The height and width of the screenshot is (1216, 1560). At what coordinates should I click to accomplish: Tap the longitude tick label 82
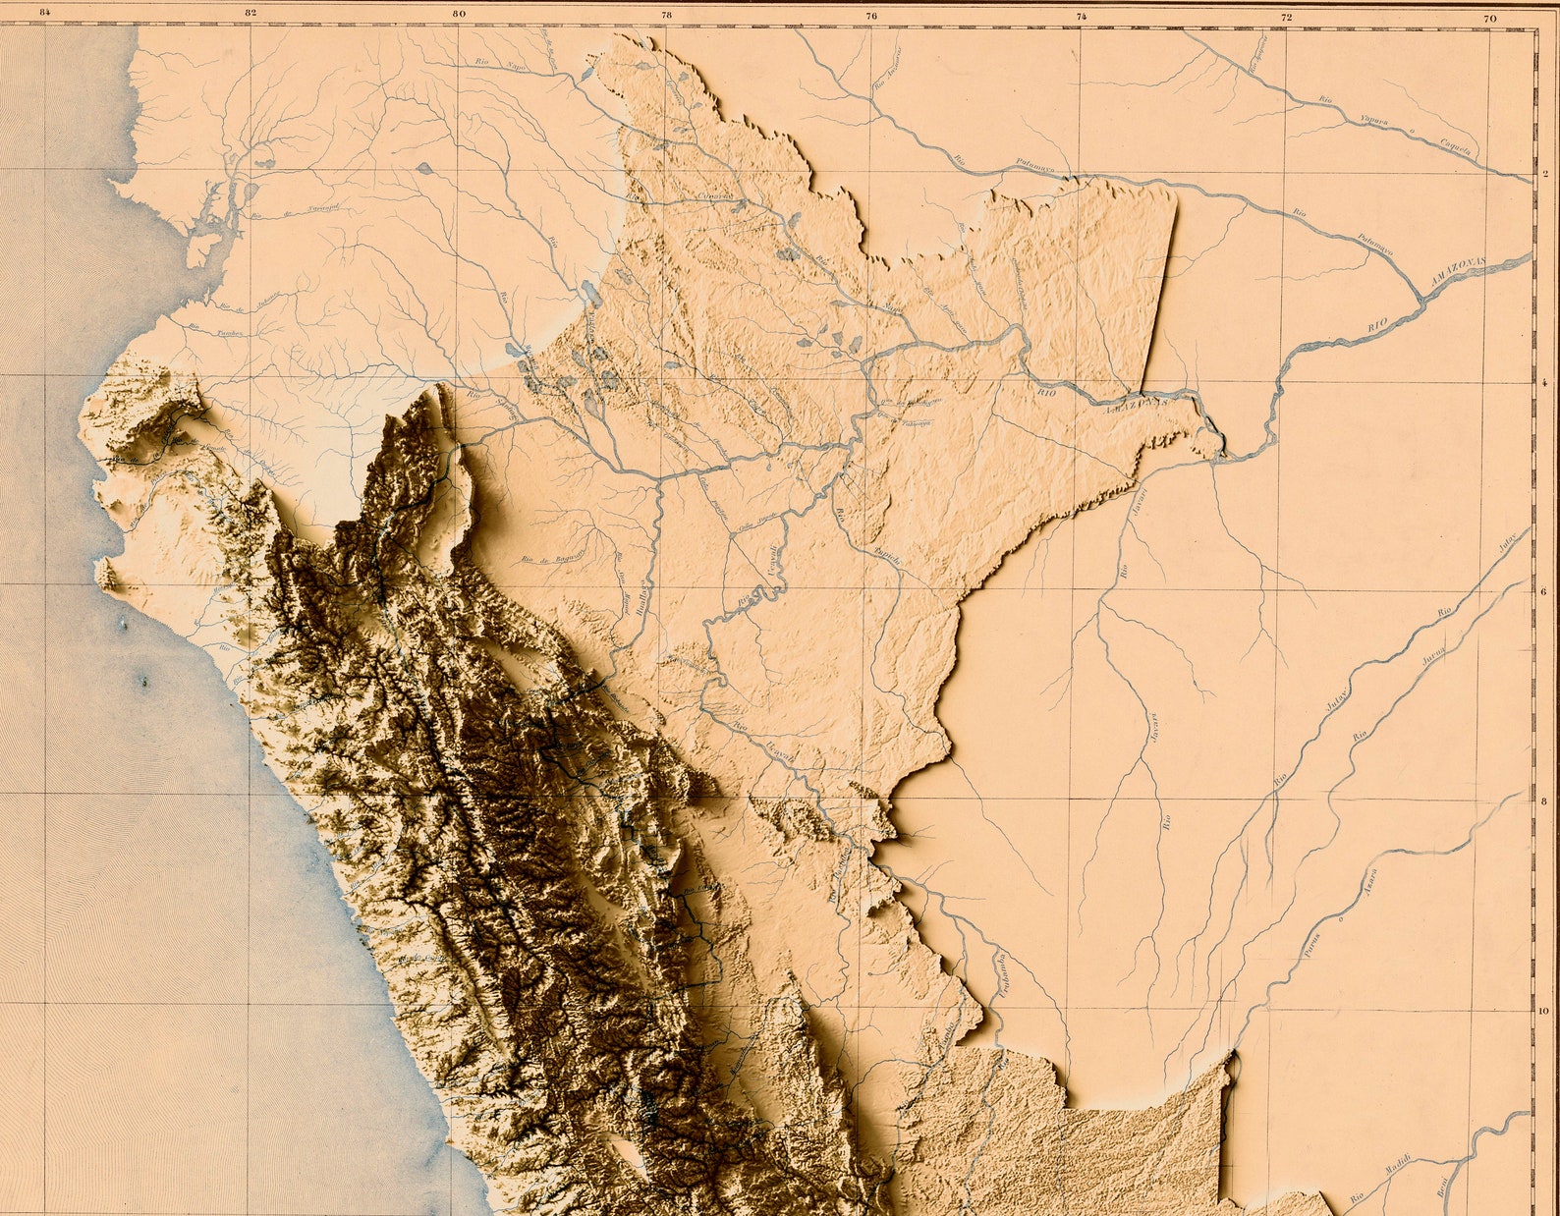[x=251, y=13]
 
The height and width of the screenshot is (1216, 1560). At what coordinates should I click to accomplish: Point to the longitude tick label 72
[x=1286, y=17]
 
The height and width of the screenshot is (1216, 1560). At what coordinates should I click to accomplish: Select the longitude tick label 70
[x=1491, y=18]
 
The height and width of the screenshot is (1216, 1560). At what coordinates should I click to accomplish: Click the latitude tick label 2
[x=1545, y=177]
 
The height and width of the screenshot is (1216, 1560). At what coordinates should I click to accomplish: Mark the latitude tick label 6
[x=1545, y=592]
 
